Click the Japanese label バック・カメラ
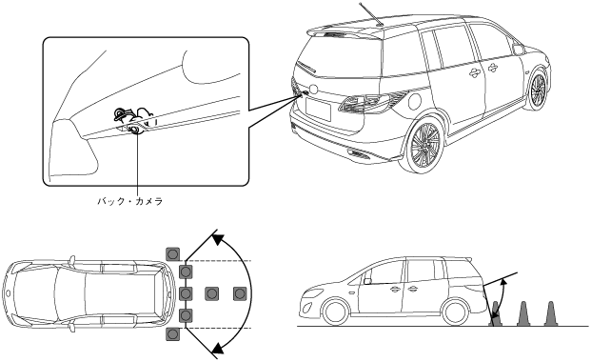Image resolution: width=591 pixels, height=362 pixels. [130, 201]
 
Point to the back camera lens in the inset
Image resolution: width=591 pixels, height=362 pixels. [134, 130]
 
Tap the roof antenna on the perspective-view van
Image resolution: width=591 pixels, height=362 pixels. [371, 14]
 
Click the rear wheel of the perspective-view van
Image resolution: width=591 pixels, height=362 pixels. [424, 145]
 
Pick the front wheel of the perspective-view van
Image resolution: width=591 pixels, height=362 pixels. [537, 90]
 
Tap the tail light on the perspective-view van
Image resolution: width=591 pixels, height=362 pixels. [364, 102]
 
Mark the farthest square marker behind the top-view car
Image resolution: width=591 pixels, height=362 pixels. [240, 293]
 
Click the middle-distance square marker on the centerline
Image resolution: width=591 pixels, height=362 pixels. [212, 293]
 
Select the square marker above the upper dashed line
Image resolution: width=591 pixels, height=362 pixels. [172, 254]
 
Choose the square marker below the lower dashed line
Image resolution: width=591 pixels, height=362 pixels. [172, 334]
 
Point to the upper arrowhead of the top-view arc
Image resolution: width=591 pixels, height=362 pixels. [218, 238]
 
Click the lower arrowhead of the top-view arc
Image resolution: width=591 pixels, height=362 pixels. [219, 348]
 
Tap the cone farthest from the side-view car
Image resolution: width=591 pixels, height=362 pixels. [550, 313]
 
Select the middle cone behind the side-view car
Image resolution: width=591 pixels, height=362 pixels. [522, 313]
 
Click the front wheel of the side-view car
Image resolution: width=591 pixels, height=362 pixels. [336, 312]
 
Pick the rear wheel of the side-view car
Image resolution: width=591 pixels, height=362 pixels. [456, 312]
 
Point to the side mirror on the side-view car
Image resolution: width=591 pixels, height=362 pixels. [367, 280]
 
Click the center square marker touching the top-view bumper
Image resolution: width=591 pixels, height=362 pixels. [186, 293]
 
